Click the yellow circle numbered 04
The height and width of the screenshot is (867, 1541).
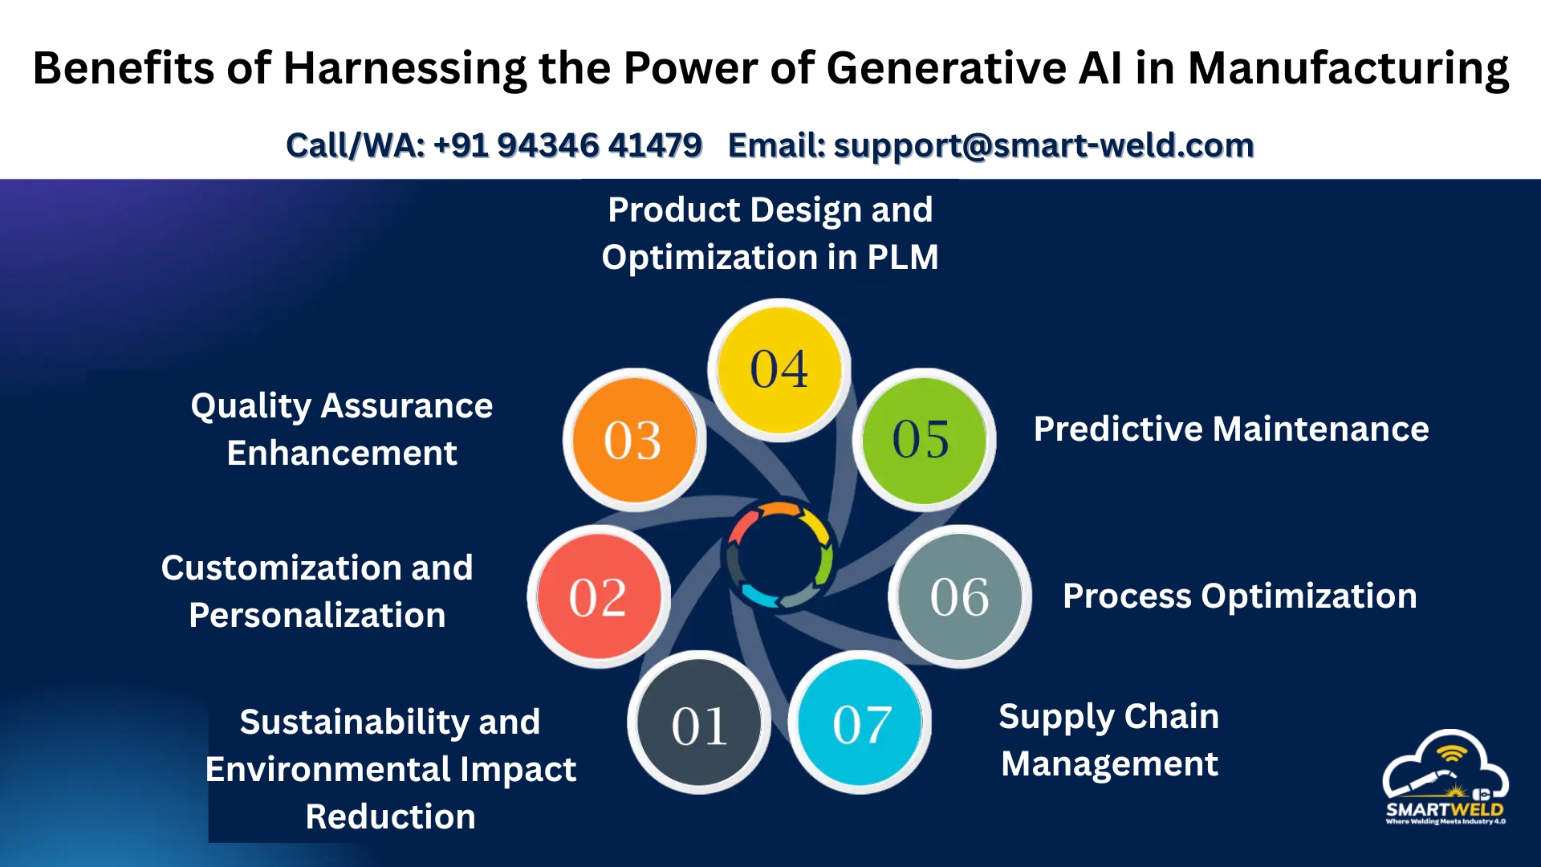click(x=779, y=370)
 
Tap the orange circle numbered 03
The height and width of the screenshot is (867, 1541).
click(x=634, y=440)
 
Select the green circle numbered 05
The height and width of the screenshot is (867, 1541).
click(x=924, y=440)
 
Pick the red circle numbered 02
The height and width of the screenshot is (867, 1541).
click(x=599, y=596)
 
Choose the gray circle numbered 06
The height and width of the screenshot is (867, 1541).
click(x=960, y=596)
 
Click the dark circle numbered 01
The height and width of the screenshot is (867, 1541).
click(x=699, y=722)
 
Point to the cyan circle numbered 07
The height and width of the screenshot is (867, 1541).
click(x=860, y=722)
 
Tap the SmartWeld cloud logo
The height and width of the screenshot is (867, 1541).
click(x=1445, y=777)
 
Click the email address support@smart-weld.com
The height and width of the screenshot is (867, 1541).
click(x=1043, y=146)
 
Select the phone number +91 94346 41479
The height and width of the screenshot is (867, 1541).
click(x=567, y=145)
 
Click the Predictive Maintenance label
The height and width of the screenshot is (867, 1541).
click(x=1231, y=429)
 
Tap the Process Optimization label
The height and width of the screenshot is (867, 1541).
click(x=1240, y=596)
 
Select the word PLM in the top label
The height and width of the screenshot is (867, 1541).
click(x=902, y=258)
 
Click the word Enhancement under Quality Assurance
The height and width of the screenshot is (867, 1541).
click(x=342, y=454)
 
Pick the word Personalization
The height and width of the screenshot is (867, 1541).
click(x=317, y=616)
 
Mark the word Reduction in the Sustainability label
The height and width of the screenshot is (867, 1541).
click(x=391, y=817)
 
